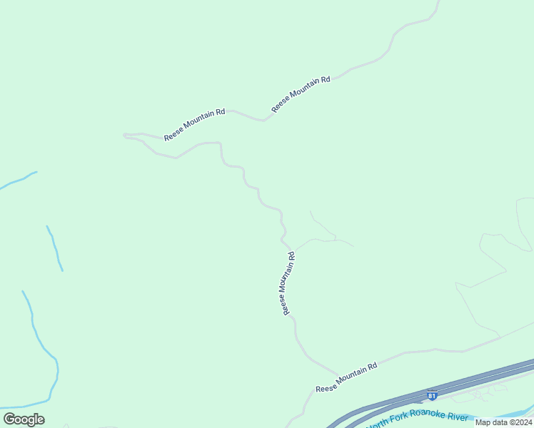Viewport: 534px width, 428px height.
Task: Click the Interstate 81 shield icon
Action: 431,394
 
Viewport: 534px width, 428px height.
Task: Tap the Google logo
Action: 24,419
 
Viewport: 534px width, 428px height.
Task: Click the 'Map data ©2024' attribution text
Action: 503,422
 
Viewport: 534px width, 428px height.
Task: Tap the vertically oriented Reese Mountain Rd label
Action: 288,283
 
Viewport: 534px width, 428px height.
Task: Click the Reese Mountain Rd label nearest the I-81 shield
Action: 346,377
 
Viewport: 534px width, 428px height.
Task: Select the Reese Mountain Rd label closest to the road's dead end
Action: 194,124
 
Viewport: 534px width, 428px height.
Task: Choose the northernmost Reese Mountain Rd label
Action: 301,94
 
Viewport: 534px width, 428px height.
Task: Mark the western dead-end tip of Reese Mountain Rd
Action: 125,134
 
